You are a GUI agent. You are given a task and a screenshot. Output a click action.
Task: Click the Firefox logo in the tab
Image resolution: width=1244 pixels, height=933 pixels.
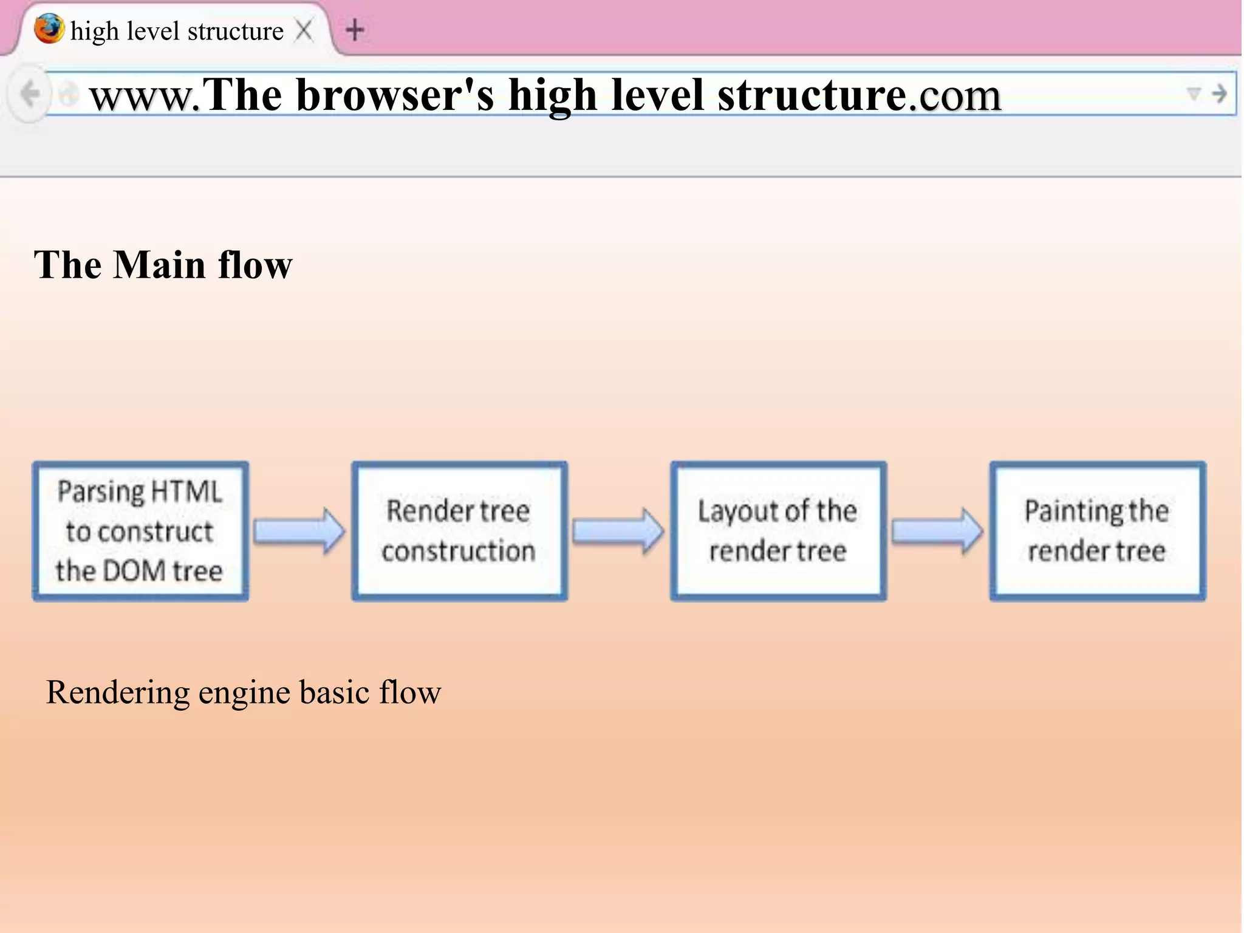point(49,29)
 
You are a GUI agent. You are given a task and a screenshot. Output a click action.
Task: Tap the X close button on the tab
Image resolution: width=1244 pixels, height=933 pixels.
point(304,30)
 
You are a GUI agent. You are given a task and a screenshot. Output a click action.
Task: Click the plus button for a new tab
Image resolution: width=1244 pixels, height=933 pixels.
point(355,30)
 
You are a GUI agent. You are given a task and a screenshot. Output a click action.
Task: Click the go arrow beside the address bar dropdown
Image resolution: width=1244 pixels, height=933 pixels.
point(1219,94)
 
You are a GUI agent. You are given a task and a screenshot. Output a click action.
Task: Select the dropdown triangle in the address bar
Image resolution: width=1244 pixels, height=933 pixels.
point(1194,94)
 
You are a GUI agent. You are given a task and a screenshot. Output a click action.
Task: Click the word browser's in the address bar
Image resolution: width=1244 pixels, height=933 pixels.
point(395,95)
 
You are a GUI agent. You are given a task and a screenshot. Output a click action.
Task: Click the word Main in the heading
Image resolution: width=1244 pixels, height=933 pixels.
point(160,265)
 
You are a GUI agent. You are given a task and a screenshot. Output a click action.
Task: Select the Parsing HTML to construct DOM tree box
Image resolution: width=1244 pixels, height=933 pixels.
point(140,531)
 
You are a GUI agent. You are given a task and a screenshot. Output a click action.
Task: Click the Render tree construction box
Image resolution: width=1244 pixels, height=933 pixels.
point(459,531)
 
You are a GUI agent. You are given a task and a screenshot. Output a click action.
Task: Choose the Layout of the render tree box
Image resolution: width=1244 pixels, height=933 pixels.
point(778,531)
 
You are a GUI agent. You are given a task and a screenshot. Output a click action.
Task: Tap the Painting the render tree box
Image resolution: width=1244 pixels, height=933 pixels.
point(1097,531)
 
